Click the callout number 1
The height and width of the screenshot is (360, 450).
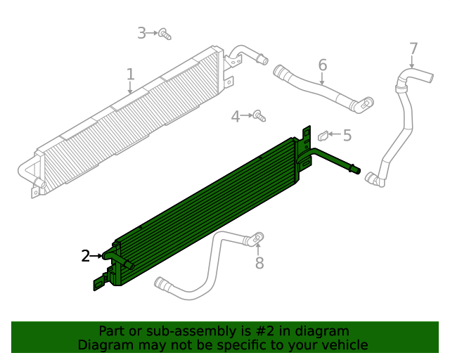pyautogui.click(x=130, y=74)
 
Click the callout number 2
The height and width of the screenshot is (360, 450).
pyautogui.click(x=86, y=256)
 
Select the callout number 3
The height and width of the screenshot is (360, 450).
pyautogui.click(x=141, y=32)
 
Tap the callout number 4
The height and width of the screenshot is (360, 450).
pyautogui.click(x=236, y=116)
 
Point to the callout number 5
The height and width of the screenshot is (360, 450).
pyautogui.click(x=347, y=134)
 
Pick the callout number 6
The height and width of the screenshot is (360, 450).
pyautogui.click(x=323, y=65)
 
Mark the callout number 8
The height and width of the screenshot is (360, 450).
pyautogui.click(x=259, y=263)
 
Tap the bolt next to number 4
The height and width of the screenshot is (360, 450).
pyautogui.click(x=258, y=114)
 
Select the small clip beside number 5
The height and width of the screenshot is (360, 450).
pyautogui.click(x=325, y=134)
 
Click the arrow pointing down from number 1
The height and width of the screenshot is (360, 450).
pyautogui.click(x=131, y=89)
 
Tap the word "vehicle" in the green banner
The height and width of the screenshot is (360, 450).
pyautogui.click(x=342, y=345)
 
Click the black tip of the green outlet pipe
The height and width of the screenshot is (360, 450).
pyautogui.click(x=356, y=169)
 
